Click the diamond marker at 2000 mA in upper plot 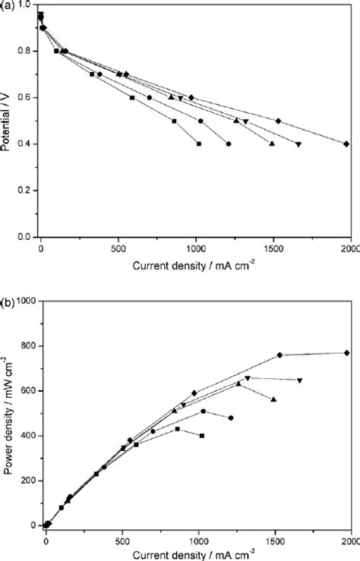[346, 143]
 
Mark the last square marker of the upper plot [199, 143]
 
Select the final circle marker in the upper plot [229, 143]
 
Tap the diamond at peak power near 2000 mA [346, 352]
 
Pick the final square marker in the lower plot [202, 436]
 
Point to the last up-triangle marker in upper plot [272, 143]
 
